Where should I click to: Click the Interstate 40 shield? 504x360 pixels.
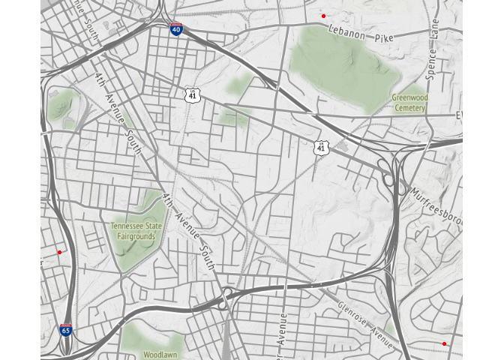(x=176, y=30)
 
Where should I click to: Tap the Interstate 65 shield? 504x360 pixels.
(x=67, y=330)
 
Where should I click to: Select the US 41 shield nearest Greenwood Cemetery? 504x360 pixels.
(x=321, y=148)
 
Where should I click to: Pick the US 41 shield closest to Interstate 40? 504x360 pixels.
(x=192, y=94)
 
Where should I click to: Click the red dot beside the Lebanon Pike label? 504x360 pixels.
(x=323, y=16)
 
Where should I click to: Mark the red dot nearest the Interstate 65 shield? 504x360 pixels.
(x=59, y=252)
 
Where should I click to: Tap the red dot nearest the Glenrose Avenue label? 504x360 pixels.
(x=444, y=343)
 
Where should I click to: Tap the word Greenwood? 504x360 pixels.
(x=409, y=97)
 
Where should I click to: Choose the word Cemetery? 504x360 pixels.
(x=409, y=108)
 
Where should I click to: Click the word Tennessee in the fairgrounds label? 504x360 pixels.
(x=127, y=226)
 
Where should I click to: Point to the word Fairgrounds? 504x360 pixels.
(x=136, y=236)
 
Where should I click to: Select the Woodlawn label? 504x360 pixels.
(x=160, y=354)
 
